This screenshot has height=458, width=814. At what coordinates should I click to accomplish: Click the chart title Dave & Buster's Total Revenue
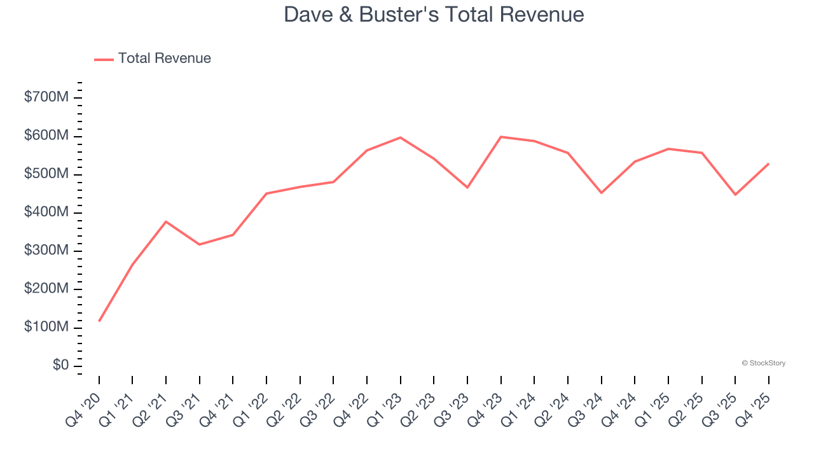coord(434,14)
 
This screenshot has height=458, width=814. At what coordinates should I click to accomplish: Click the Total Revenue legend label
coord(164,59)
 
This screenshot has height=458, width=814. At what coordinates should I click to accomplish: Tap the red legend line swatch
coord(104,59)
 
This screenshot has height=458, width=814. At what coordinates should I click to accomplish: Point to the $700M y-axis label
coord(47,97)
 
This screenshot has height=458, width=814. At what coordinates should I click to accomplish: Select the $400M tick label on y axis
coord(47,212)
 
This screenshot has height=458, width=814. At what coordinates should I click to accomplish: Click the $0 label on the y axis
coord(61,366)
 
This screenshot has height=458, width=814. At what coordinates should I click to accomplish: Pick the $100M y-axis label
coord(47,327)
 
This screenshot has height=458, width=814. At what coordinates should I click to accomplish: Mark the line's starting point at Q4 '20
coord(99,321)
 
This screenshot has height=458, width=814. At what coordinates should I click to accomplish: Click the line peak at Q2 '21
coord(166,221)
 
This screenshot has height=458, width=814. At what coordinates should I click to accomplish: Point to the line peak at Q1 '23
coord(400,137)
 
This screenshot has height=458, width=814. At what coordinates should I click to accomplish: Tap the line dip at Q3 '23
coord(467,188)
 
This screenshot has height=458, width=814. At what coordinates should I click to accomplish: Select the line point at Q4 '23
coord(501,137)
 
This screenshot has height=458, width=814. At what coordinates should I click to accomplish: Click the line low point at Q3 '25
coord(735,195)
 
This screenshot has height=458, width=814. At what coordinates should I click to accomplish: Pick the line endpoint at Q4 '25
coord(768,163)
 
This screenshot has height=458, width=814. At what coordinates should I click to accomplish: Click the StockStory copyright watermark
coord(763,363)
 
